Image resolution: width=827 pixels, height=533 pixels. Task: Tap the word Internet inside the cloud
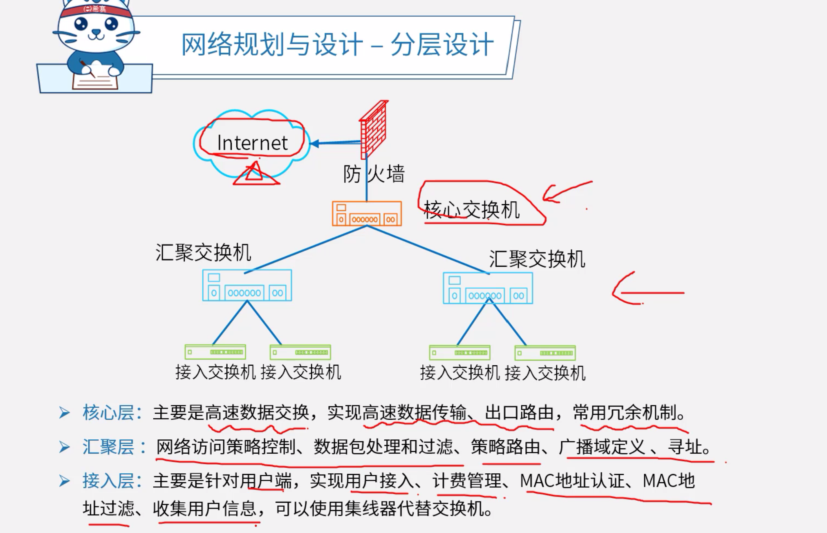[x=252, y=143]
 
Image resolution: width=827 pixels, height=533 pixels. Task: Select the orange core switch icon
[x=367, y=213]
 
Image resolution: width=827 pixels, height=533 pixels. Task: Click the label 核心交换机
[x=471, y=210]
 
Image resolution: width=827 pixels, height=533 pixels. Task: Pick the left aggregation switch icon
[x=247, y=285]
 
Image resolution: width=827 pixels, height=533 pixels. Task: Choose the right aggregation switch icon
[x=488, y=288]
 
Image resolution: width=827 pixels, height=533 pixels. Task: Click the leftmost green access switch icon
[x=215, y=352]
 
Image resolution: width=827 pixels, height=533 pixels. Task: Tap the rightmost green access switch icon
[x=545, y=353]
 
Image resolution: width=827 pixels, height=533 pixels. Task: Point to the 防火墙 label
[x=374, y=174]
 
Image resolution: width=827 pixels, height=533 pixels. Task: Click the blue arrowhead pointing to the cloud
[x=315, y=143]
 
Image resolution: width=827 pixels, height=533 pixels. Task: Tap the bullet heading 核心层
[x=108, y=412]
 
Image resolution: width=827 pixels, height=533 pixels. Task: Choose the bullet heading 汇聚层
[x=108, y=447]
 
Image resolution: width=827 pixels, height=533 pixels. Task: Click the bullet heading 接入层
[x=108, y=481]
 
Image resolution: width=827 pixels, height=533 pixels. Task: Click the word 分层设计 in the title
[x=442, y=45]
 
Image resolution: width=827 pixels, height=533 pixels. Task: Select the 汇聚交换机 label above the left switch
[x=203, y=252]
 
